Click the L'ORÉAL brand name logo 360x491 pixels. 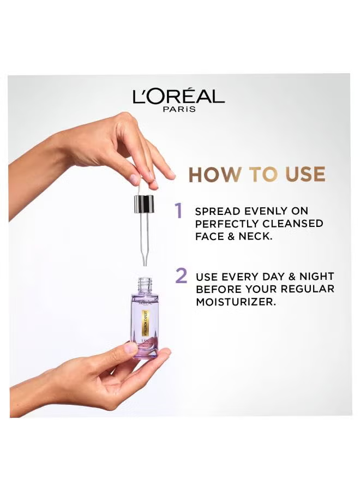(178, 97)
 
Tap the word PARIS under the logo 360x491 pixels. (178, 109)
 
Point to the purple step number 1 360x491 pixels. (178, 210)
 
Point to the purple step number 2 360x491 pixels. (181, 276)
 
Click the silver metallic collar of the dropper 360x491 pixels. (143, 205)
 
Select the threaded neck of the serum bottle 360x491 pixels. (144, 284)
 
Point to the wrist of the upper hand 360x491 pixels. (65, 150)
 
